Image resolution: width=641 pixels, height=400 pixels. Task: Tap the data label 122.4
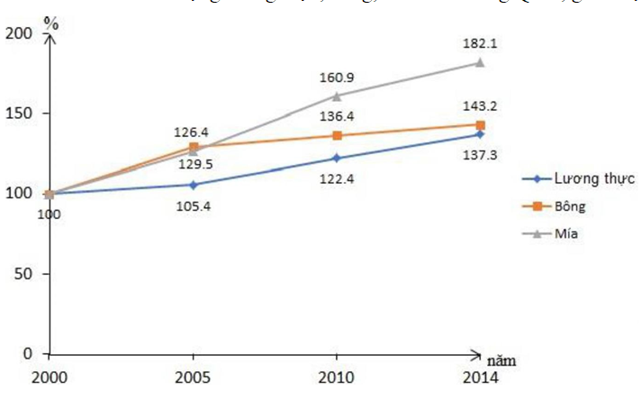point(337,179)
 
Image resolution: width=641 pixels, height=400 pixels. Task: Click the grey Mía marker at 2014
point(481,62)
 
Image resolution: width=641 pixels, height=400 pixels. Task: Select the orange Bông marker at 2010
point(337,135)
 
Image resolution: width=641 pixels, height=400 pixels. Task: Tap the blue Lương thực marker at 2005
point(193,185)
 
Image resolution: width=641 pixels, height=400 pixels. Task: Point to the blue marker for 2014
point(481,134)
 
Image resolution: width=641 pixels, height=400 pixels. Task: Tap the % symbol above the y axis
point(51,23)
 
